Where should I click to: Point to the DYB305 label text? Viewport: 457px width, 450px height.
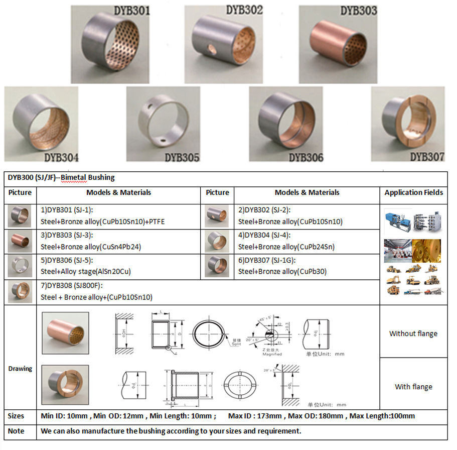[x=182, y=158]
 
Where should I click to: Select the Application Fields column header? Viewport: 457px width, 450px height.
[x=413, y=192]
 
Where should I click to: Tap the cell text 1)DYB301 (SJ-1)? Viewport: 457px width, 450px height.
[x=67, y=210]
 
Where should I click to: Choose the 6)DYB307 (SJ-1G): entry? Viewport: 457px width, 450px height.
[x=266, y=260]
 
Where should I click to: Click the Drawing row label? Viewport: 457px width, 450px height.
[x=20, y=368]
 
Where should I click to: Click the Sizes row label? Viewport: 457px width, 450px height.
[x=16, y=416]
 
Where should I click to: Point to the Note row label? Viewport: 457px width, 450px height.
[x=16, y=431]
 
